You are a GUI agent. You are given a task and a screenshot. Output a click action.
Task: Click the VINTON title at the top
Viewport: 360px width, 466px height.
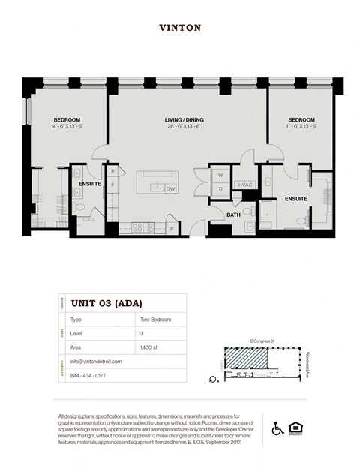click(x=180, y=28)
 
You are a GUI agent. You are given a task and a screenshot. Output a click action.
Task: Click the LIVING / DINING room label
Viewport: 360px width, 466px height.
click(x=184, y=120)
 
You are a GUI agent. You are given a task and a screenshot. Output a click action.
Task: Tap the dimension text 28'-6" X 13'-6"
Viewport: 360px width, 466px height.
click(x=184, y=127)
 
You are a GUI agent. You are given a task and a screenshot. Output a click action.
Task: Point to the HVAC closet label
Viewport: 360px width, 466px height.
click(x=244, y=184)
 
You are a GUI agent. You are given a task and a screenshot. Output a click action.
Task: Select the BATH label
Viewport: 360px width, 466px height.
click(x=233, y=215)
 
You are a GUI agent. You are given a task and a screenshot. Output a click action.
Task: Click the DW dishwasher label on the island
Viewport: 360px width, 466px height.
click(x=170, y=188)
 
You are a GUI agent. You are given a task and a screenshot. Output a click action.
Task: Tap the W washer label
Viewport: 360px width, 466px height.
click(x=220, y=175)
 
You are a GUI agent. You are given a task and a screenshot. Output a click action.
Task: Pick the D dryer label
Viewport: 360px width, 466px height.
click(x=220, y=188)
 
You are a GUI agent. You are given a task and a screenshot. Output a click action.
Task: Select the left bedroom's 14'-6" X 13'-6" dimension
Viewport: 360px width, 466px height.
click(x=67, y=127)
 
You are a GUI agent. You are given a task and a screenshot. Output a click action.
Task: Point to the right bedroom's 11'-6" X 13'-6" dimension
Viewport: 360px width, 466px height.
click(x=302, y=127)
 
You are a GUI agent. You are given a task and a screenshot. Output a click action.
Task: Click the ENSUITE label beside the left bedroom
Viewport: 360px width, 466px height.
click(x=89, y=183)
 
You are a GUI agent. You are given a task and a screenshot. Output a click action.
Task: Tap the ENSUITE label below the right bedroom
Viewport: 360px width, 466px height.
click(x=295, y=199)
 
